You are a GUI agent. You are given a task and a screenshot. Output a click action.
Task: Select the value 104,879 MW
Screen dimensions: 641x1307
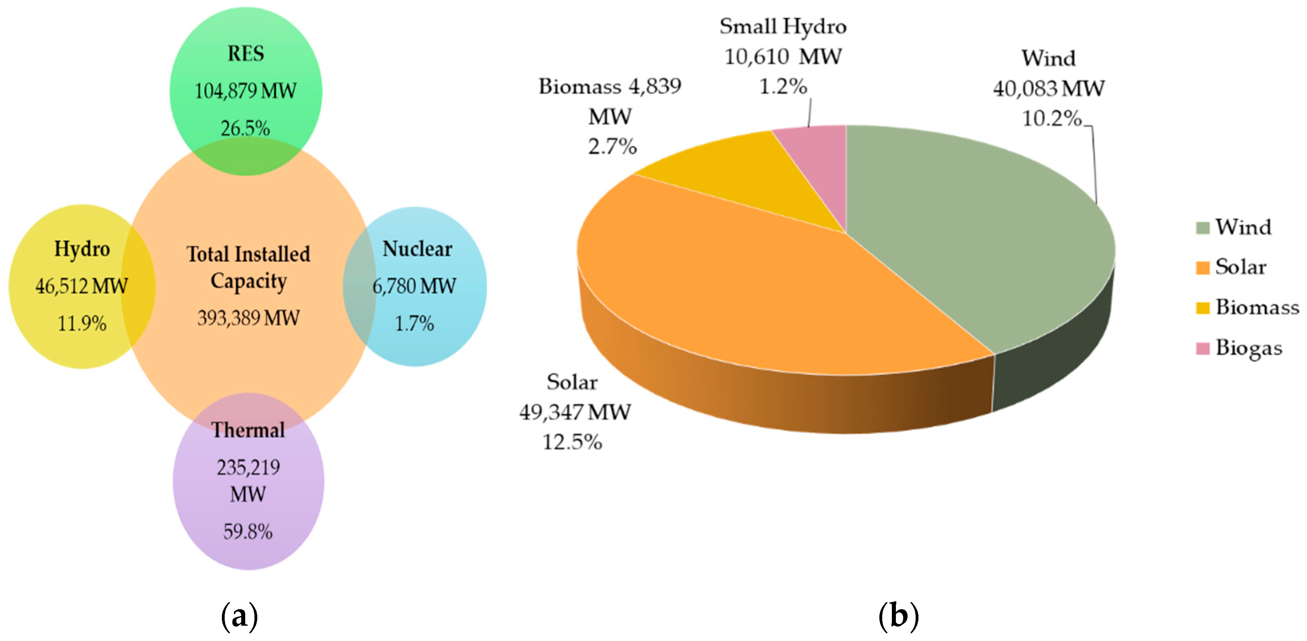coord(246,91)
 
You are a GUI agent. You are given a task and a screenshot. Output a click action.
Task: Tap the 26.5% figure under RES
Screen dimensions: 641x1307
coord(246,129)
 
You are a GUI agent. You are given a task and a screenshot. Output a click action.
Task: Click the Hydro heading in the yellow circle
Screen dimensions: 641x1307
coord(82,249)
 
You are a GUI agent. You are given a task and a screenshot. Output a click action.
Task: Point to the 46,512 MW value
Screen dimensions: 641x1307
coord(81,286)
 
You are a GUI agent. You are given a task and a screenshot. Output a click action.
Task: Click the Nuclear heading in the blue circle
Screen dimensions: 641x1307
coord(417,249)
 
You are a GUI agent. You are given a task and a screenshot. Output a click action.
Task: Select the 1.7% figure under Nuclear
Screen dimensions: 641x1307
coord(414,324)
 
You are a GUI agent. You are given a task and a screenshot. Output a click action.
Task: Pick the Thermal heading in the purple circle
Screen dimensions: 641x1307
coord(248,430)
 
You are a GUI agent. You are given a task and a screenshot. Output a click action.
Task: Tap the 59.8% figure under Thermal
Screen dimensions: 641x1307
coord(248,532)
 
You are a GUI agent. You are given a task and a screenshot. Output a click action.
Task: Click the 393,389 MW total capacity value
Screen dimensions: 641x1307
coord(248,318)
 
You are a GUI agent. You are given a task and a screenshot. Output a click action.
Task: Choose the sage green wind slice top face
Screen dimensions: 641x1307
coord(964,228)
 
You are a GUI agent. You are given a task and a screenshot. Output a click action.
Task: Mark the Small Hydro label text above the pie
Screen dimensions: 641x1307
coord(783,27)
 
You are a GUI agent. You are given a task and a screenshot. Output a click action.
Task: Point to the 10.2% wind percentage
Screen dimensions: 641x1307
coord(1051,119)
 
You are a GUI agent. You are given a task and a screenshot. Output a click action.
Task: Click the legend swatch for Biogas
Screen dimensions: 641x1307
coord(1202,348)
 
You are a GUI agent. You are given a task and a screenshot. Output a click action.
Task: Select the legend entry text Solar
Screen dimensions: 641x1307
coord(1241,267)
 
